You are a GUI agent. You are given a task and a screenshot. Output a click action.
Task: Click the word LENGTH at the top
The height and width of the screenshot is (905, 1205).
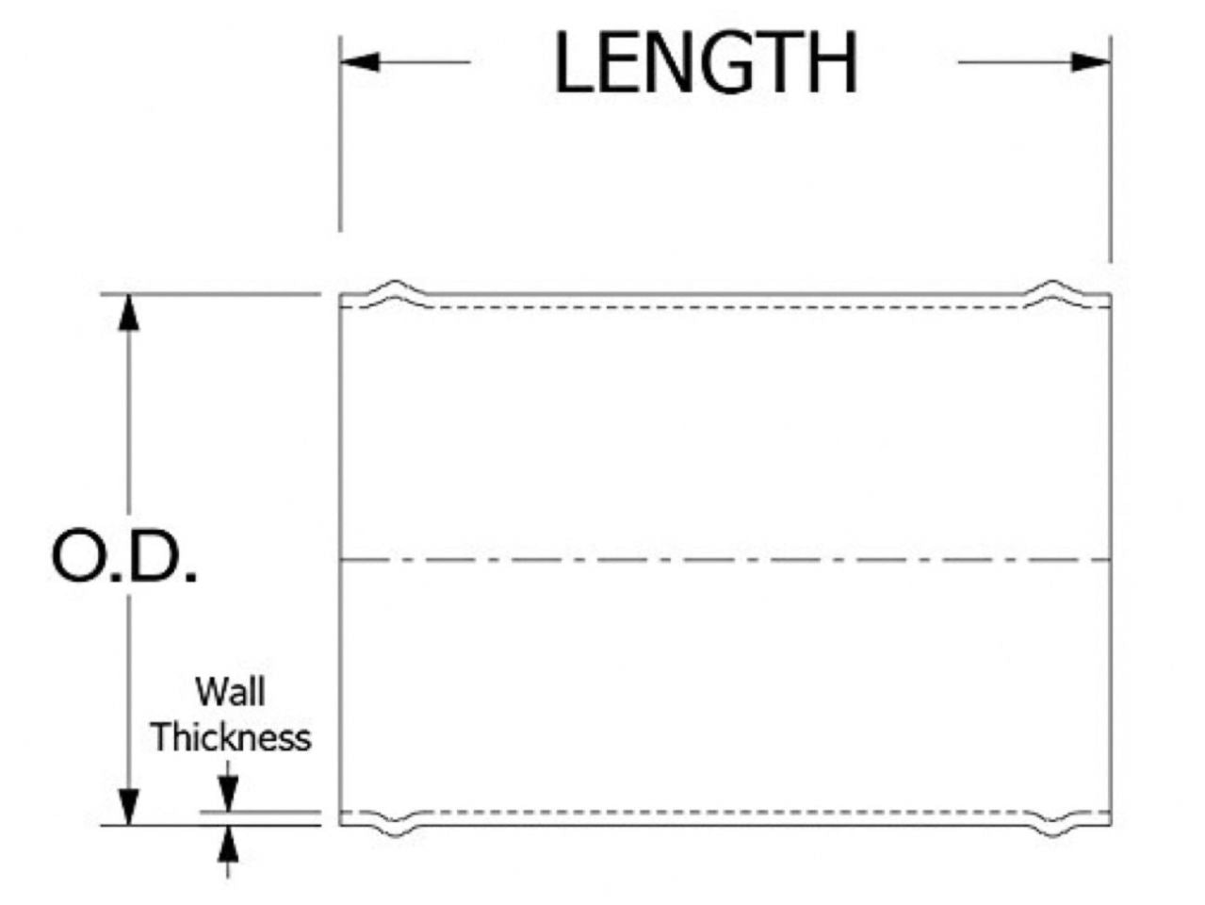point(705,61)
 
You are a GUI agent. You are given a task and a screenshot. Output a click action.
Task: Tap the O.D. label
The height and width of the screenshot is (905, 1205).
point(123,555)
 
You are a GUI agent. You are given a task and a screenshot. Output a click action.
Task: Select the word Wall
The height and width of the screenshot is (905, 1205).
point(231,692)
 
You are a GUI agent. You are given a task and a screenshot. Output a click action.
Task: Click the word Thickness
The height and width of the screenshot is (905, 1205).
point(231,737)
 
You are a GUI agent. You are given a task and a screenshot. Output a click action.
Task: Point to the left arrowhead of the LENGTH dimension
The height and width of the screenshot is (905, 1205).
point(360,61)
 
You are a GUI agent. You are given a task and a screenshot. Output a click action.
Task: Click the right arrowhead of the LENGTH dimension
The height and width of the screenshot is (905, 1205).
point(1091,62)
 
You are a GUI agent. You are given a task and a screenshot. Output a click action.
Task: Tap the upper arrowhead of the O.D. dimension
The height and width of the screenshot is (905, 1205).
point(128,313)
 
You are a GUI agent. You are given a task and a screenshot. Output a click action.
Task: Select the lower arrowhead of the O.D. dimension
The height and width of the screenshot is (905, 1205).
point(128,807)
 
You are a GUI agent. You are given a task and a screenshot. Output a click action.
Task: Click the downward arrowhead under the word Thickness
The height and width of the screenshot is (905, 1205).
point(228,794)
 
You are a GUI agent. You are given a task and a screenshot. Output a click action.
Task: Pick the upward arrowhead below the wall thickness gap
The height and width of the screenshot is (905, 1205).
point(228,844)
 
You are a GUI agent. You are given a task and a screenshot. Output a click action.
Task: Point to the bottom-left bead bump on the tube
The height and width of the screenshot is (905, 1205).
point(397,824)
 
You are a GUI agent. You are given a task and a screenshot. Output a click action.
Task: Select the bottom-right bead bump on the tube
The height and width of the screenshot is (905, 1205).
point(1051,824)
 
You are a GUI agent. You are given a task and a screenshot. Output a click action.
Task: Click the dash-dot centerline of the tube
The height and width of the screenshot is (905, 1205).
point(725,560)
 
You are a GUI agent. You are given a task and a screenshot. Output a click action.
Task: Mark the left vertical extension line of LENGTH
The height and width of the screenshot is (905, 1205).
point(340,134)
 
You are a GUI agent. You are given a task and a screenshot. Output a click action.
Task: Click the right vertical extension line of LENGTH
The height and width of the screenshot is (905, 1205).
point(1111,149)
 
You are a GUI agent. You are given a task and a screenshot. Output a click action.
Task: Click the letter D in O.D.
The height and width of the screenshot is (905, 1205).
point(155,555)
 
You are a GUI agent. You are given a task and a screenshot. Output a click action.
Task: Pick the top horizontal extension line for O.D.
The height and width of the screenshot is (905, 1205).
point(211,294)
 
